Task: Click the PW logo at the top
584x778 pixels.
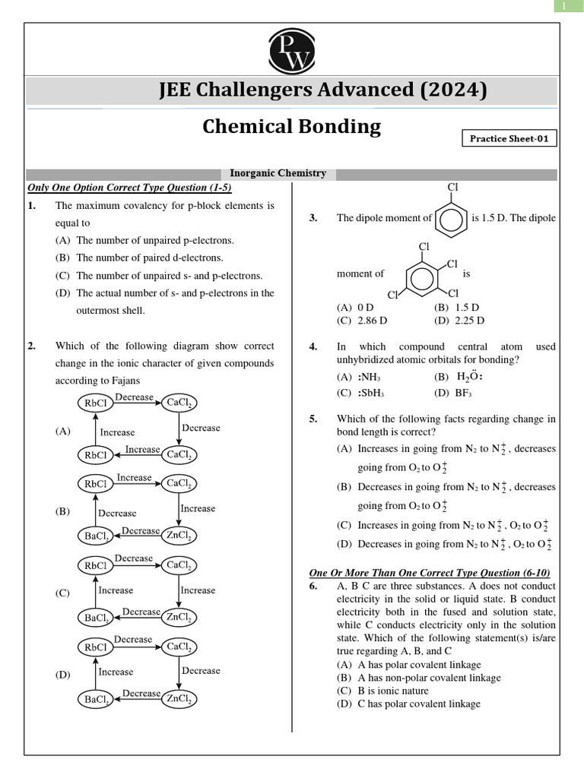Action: [x=291, y=51]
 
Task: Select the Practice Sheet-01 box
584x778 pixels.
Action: [x=509, y=138]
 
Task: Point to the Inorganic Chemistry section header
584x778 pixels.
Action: [x=278, y=173]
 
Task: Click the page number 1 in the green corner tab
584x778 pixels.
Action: [x=564, y=7]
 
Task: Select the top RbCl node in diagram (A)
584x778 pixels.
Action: [x=96, y=402]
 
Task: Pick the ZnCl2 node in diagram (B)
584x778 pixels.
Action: [x=179, y=536]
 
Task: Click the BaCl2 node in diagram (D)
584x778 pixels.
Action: [x=96, y=699]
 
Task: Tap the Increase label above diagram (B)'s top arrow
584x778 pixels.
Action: [x=134, y=477]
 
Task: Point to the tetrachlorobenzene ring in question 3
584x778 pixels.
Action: [x=424, y=277]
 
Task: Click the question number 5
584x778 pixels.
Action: [x=313, y=419]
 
